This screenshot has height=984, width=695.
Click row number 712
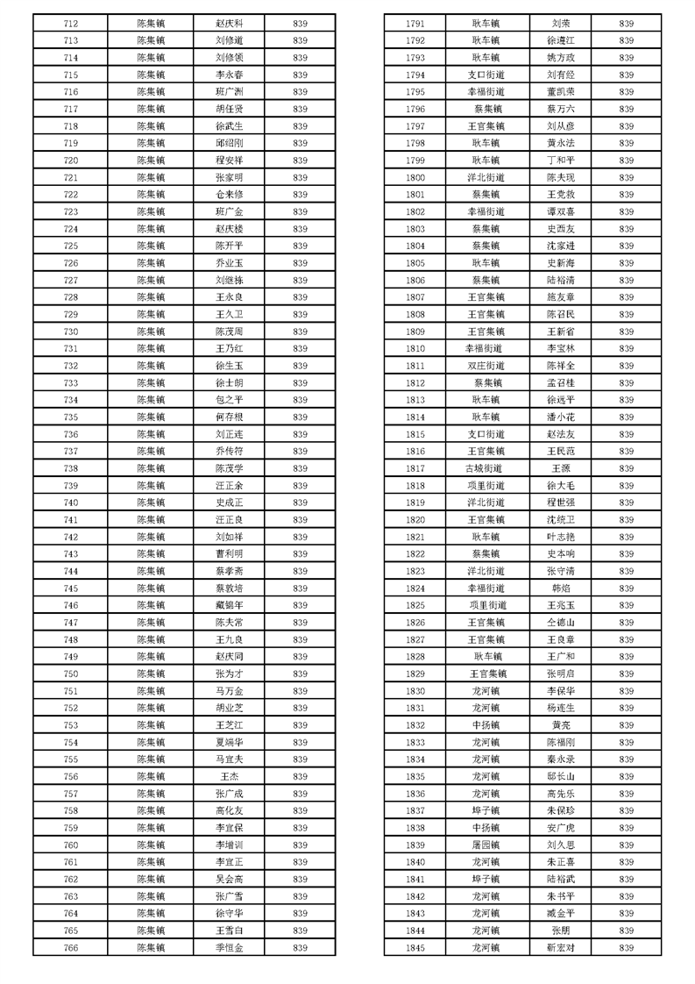(x=71, y=24)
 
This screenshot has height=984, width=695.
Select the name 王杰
(x=230, y=776)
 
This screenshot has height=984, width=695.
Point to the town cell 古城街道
(x=486, y=468)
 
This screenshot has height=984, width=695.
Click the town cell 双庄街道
(x=486, y=366)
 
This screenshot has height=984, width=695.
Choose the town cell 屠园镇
(x=486, y=845)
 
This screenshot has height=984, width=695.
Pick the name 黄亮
(x=561, y=725)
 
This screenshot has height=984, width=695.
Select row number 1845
(x=415, y=948)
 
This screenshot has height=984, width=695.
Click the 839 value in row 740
(x=300, y=503)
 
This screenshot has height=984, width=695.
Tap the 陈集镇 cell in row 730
(x=151, y=332)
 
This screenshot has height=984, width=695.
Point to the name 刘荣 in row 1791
(x=561, y=24)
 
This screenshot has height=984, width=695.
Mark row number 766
(x=71, y=948)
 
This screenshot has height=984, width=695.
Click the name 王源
(x=561, y=468)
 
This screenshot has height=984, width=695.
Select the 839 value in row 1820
(x=627, y=520)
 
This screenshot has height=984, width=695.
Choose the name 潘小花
(x=561, y=417)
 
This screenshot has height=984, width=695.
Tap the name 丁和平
(x=561, y=160)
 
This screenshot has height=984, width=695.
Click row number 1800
(x=415, y=177)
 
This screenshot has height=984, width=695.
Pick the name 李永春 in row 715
(x=230, y=75)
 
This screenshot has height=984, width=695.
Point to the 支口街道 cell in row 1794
(x=486, y=75)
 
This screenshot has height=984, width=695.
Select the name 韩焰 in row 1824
(x=561, y=588)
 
